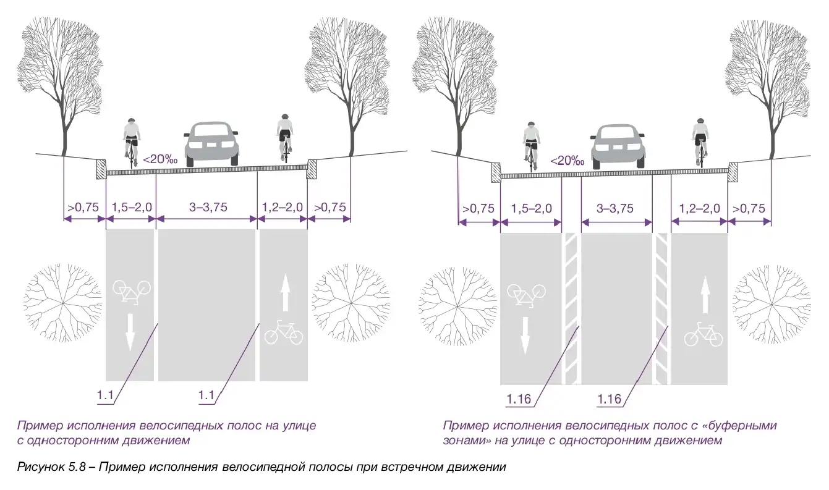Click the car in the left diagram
[x=213, y=144]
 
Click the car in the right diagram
[x=616, y=146]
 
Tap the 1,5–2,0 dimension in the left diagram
[x=130, y=208]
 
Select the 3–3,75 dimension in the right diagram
[x=616, y=209]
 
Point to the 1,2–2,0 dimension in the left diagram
[x=283, y=208]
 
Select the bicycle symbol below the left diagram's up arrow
[x=284, y=332]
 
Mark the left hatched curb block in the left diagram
[x=101, y=169]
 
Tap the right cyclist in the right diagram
[x=699, y=141]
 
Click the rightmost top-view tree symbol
[x=771, y=304]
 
